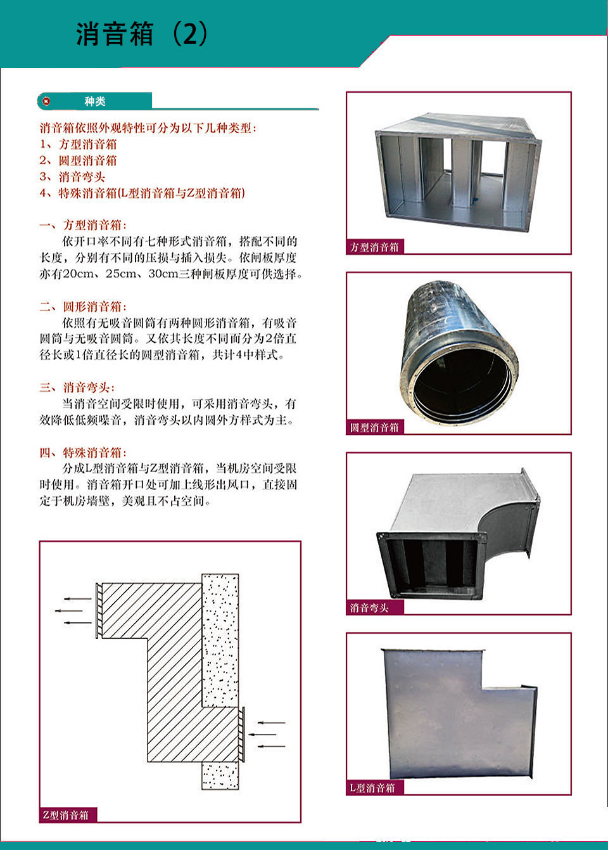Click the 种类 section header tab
pos(95,101)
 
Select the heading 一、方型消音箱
pos(83,225)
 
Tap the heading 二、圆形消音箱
pos(83,307)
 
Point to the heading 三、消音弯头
pos(77,388)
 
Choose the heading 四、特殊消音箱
pos(83,453)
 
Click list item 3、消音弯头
pos(72,177)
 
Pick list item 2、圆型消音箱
pos(78,160)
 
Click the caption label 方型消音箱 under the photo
pos(374,247)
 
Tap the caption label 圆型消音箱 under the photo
pos(374,428)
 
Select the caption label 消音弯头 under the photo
pos(369,608)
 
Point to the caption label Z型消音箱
pos(65,815)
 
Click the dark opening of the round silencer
pos(461,384)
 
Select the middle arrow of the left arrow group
pos(69,611)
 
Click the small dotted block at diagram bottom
pos(220,776)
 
